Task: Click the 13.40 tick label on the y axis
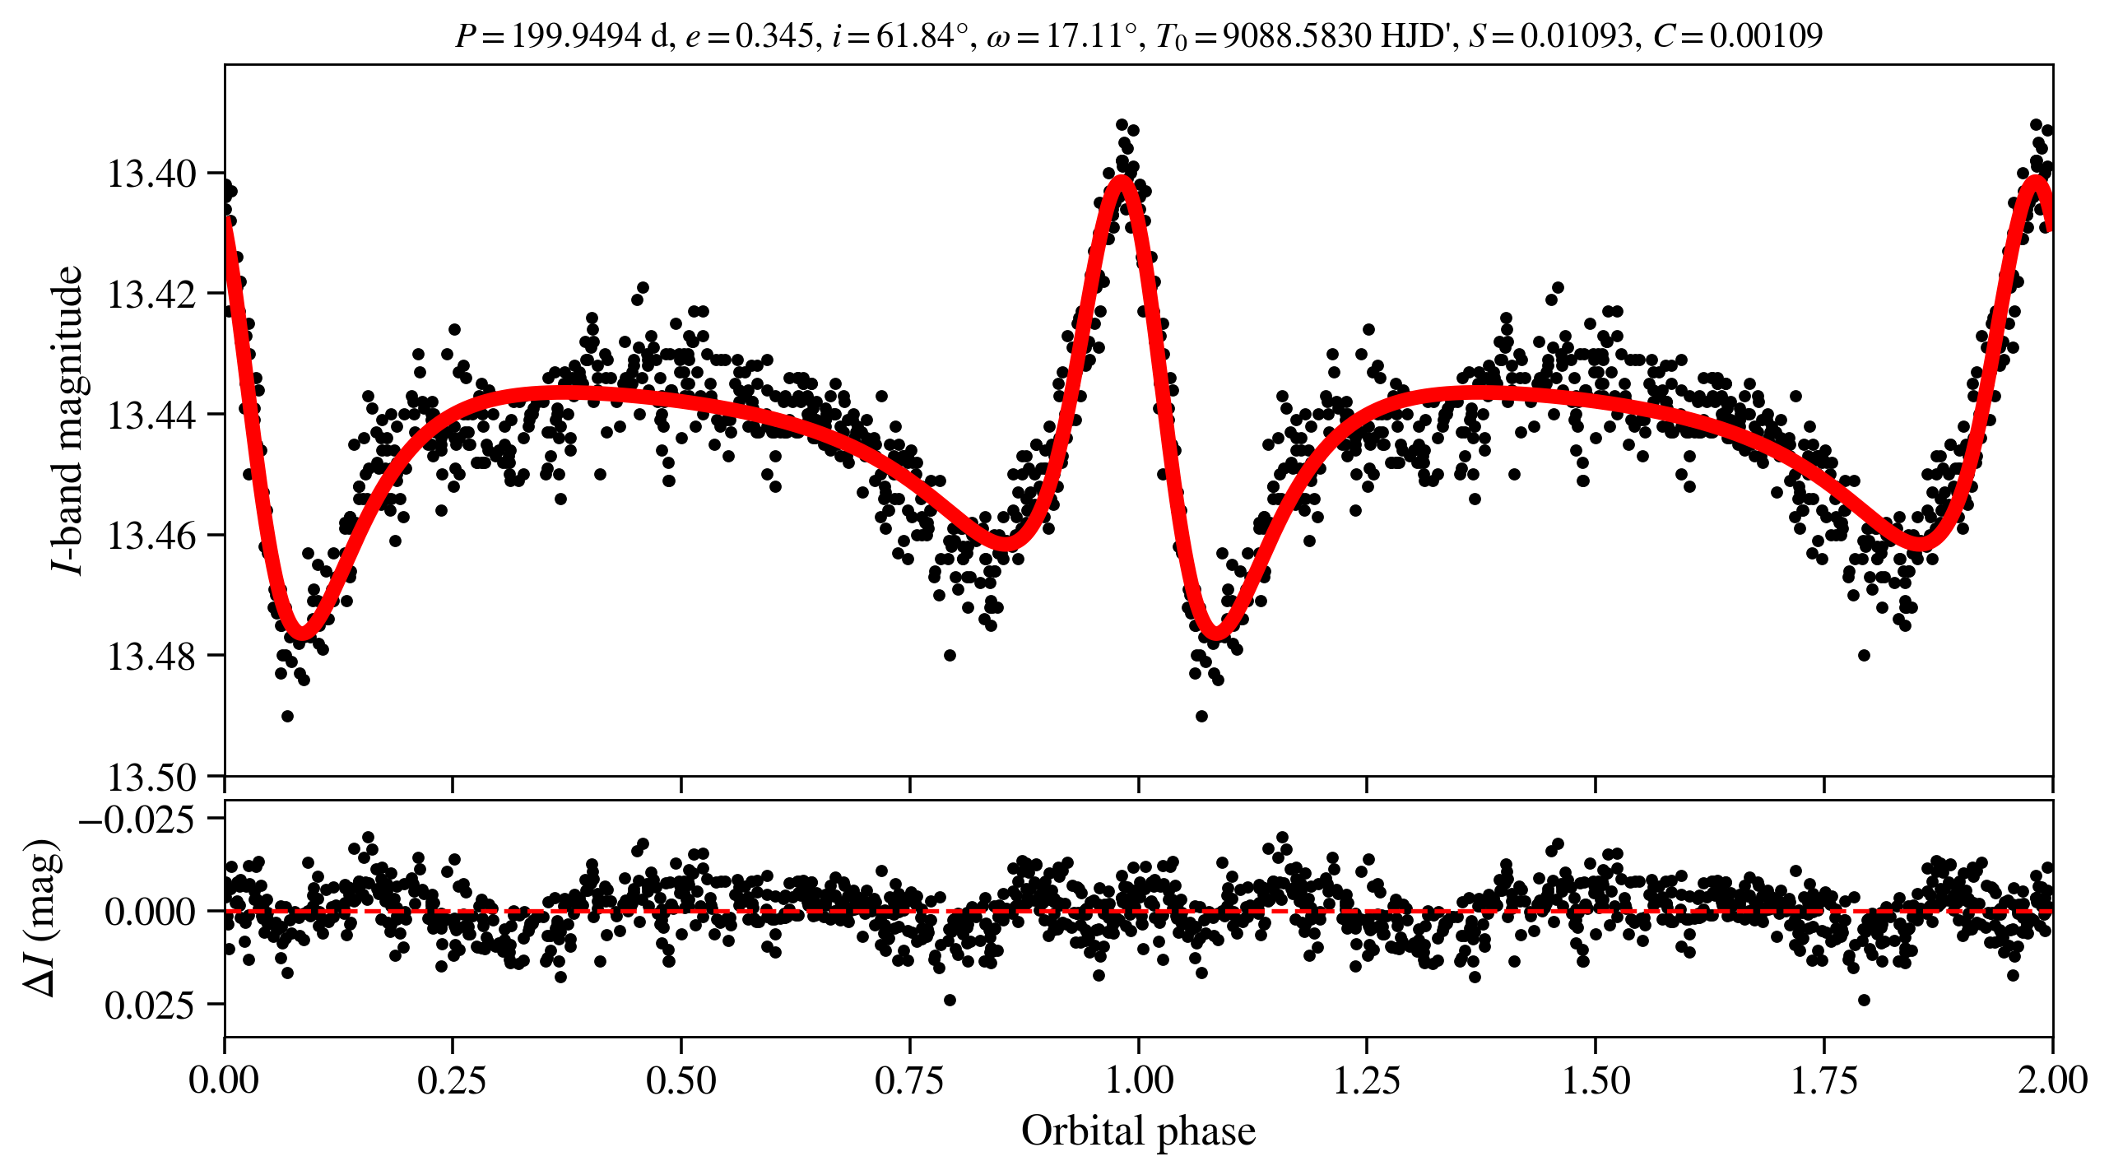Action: [151, 174]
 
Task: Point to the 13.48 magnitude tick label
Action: [151, 657]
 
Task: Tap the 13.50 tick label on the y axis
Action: [151, 777]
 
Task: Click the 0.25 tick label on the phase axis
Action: [452, 1080]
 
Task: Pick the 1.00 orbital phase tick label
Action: [1138, 1080]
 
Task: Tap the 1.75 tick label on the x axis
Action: [1824, 1080]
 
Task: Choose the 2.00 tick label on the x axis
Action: [2052, 1080]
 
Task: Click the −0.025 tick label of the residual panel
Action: [137, 820]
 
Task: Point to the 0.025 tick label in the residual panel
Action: [151, 1005]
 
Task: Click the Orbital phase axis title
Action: [1138, 1131]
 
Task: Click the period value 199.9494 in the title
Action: [576, 35]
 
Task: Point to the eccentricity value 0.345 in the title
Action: [773, 35]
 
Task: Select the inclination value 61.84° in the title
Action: [922, 35]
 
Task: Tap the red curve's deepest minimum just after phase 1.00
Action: [1215, 634]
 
